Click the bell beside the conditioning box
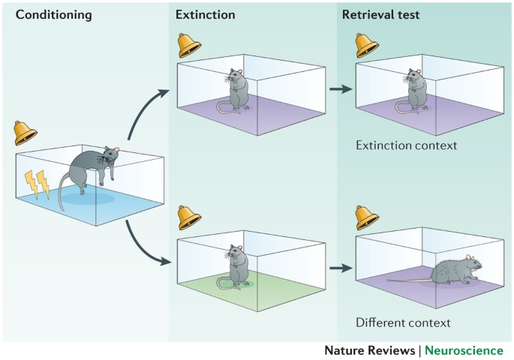(x=26, y=133)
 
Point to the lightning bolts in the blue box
(x=37, y=184)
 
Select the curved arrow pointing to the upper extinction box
(x=146, y=114)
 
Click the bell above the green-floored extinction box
(x=188, y=217)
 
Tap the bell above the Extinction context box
(x=366, y=45)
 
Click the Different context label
(x=404, y=323)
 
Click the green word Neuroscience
(x=466, y=350)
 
